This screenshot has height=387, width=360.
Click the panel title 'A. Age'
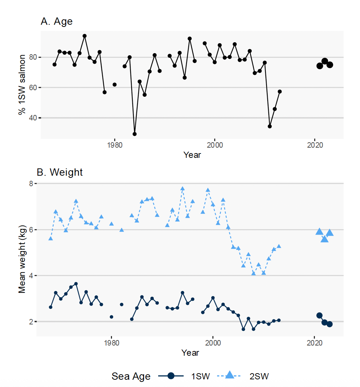(57, 21)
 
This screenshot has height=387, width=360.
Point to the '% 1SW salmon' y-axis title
(22, 84)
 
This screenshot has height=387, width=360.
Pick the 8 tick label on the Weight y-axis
(31, 184)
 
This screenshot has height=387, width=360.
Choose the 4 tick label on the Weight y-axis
(31, 276)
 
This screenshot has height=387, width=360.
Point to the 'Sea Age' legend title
(131, 376)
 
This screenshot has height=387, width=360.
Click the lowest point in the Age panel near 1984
(135, 134)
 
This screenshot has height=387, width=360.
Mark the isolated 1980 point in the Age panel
(115, 84)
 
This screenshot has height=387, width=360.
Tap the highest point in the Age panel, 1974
(84, 36)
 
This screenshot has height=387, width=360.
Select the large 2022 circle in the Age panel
(325, 61)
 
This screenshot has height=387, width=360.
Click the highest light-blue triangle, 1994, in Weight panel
(183, 188)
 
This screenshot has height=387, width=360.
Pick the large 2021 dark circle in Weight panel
(319, 315)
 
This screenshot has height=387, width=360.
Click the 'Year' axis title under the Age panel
(192, 155)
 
